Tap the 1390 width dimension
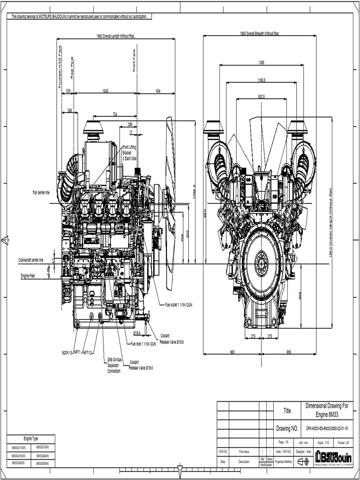(x=261, y=62)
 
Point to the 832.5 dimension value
(x=261, y=96)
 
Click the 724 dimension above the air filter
(x=115, y=114)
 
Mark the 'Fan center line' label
(x=41, y=192)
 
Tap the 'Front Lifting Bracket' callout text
(x=129, y=153)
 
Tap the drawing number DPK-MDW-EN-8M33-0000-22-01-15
(x=328, y=428)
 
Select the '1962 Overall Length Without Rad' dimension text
(x=116, y=36)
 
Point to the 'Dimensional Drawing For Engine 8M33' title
(x=327, y=410)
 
